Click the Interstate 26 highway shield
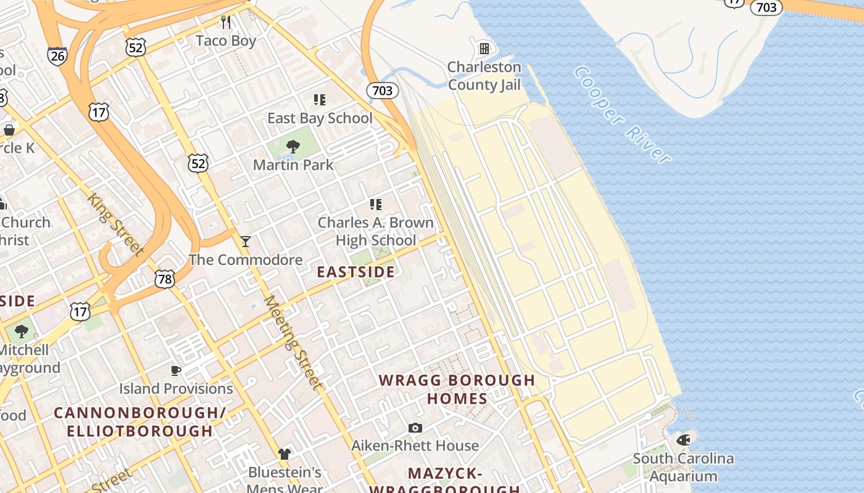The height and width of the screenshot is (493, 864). click(57, 55)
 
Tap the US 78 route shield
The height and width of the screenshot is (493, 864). click(165, 279)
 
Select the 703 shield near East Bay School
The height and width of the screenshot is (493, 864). click(382, 91)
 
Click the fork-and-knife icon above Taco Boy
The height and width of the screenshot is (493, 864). click(226, 23)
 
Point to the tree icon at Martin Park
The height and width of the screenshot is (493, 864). click(293, 147)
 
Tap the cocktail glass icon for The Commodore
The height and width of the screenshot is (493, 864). click(246, 242)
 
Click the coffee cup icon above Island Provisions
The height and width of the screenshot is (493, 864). click(176, 370)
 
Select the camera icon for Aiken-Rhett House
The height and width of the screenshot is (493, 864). click(415, 428)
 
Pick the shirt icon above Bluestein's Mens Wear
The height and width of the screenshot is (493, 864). click(284, 454)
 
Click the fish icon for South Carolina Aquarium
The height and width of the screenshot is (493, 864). click(683, 440)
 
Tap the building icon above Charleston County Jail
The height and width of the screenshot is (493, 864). click(484, 48)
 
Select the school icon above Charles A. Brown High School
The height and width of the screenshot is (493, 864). click(375, 204)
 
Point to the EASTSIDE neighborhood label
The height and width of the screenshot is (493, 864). click(355, 272)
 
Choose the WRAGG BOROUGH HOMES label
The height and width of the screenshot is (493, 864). click(457, 389)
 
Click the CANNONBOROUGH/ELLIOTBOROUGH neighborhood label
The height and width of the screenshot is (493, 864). click(139, 422)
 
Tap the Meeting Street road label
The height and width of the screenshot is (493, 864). click(294, 343)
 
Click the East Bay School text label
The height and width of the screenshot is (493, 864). click(320, 118)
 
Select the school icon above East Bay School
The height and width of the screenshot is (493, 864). click(319, 99)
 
